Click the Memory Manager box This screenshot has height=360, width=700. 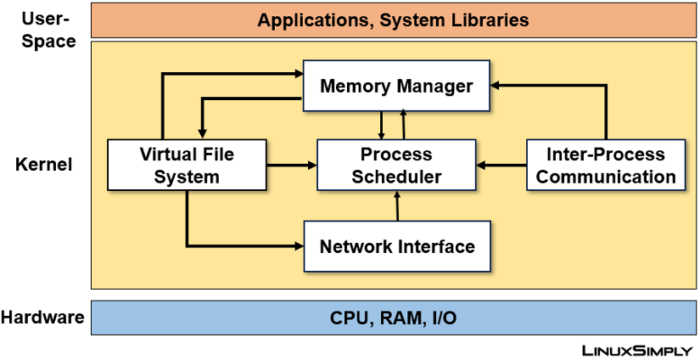[396, 86]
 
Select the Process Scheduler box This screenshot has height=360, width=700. [396, 166]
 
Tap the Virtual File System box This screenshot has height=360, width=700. [186, 166]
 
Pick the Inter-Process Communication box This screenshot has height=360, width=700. [606, 166]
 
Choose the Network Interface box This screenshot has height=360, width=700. [396, 246]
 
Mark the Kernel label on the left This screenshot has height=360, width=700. [44, 165]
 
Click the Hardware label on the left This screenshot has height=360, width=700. [42, 318]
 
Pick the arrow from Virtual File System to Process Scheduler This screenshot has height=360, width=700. [290, 166]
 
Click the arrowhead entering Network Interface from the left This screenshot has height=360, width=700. [298, 246]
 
